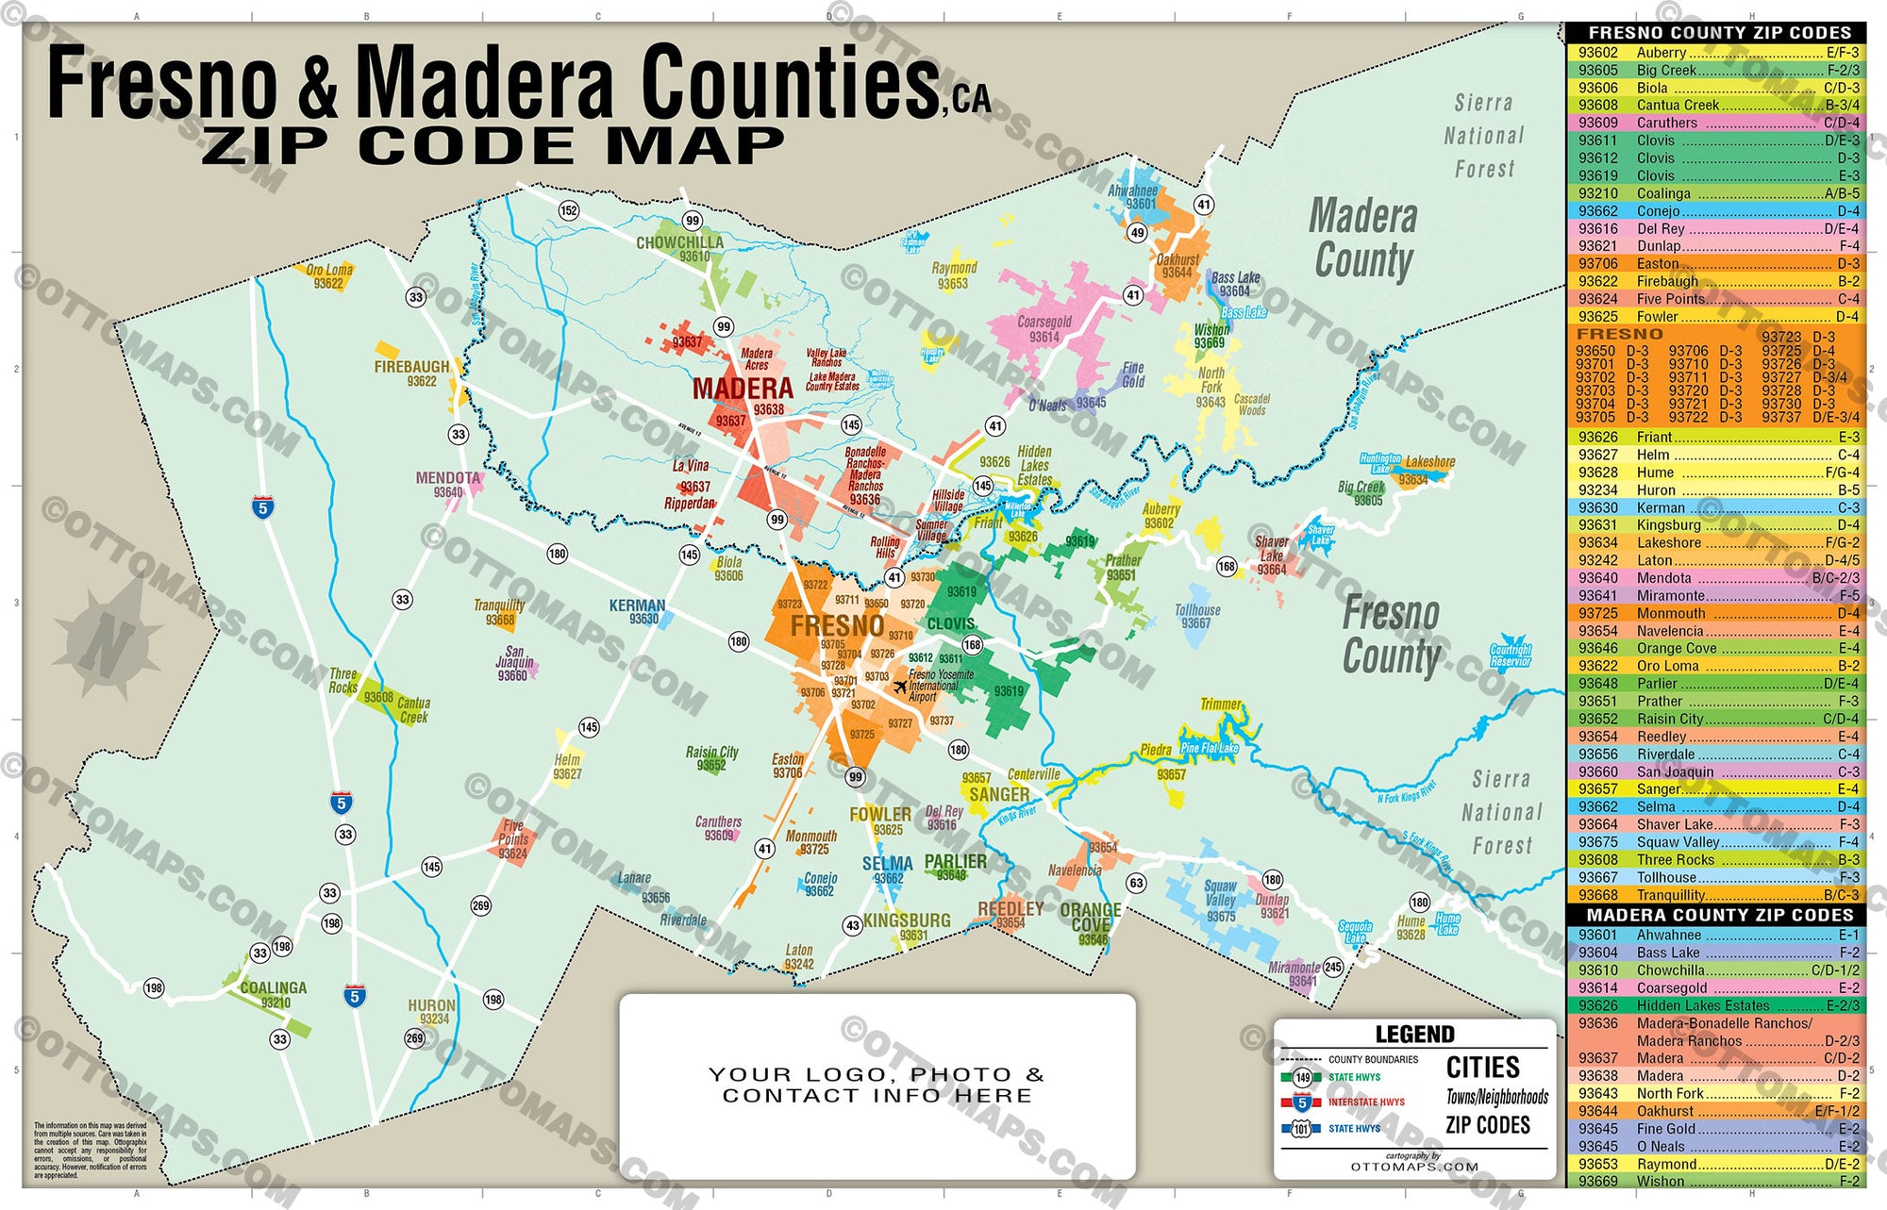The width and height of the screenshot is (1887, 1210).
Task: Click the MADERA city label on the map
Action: tap(743, 389)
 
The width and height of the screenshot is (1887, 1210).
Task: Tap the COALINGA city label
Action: tap(273, 987)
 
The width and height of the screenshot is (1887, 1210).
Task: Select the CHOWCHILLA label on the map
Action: tap(679, 242)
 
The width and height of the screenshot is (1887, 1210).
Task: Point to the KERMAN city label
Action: tap(637, 605)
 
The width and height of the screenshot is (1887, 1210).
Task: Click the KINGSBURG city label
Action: tap(907, 920)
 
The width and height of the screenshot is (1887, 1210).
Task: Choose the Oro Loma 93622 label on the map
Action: tap(329, 276)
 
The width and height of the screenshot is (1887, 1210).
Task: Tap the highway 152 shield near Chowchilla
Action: tap(568, 210)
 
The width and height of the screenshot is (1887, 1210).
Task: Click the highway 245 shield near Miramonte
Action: tap(1333, 967)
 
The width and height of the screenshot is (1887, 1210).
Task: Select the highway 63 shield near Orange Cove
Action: tap(1136, 884)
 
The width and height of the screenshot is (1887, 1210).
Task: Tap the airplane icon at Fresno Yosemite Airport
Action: tap(900, 687)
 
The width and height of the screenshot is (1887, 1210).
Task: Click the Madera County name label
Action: tap(1363, 240)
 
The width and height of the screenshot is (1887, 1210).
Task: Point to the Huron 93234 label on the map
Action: tap(432, 1011)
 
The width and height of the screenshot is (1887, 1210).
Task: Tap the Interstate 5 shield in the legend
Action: tap(1301, 1102)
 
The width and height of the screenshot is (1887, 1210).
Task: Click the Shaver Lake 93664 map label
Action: tap(1272, 555)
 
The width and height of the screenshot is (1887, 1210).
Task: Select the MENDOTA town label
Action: tap(447, 478)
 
